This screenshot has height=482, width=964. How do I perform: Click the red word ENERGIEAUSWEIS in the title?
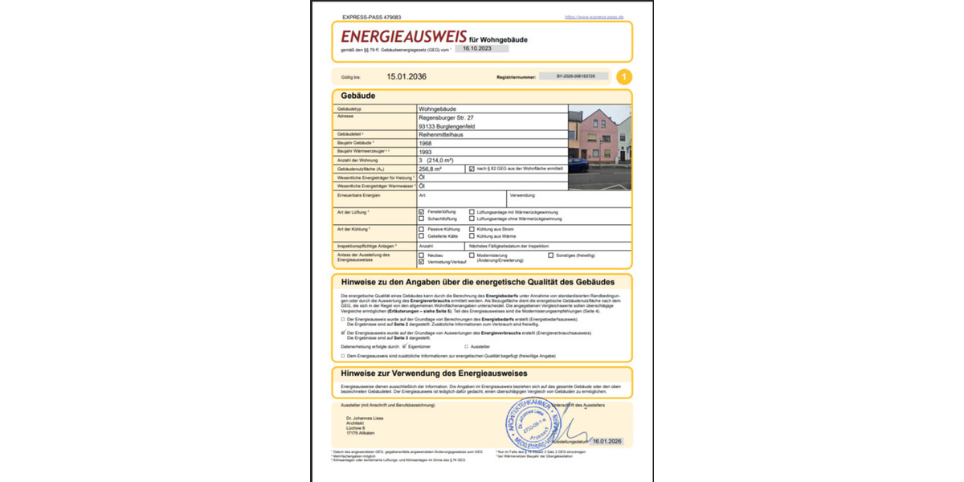[x=403, y=37]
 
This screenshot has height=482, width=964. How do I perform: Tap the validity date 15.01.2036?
[x=406, y=77]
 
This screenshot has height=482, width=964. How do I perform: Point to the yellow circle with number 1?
[x=624, y=77]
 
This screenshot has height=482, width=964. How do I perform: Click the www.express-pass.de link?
[x=594, y=17]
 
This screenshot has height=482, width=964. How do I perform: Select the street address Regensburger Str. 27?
[x=451, y=117]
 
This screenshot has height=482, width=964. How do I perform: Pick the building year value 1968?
[x=426, y=143]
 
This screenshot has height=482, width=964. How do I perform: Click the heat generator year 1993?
[x=426, y=151]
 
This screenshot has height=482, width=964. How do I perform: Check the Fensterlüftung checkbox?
[x=422, y=211]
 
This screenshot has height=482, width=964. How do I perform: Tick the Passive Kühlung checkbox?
[x=422, y=229]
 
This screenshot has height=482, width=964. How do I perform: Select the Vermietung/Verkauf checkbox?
[x=422, y=262]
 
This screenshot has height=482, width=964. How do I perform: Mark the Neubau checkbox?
[x=422, y=255]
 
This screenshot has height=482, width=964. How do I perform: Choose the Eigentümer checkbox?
[x=406, y=346]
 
